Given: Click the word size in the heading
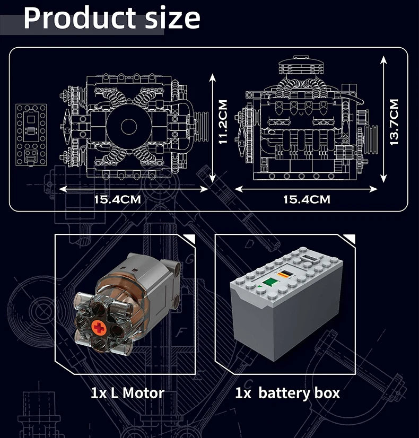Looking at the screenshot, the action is pyautogui.click(x=172, y=18).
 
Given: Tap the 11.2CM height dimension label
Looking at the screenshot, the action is pyautogui.click(x=223, y=122).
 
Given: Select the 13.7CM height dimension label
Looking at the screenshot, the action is pyautogui.click(x=394, y=122).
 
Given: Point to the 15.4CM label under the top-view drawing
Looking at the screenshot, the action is pyautogui.click(x=118, y=199).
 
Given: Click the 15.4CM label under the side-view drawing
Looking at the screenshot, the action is pyautogui.click(x=307, y=199).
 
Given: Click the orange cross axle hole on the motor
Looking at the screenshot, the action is pyautogui.click(x=99, y=328).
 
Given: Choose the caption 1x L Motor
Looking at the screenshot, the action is pyautogui.click(x=127, y=393).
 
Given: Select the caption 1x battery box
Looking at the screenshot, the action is pyautogui.click(x=287, y=393).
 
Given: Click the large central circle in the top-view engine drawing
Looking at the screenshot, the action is pyautogui.click(x=128, y=126).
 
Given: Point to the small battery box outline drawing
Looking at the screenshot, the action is pyautogui.click(x=31, y=135).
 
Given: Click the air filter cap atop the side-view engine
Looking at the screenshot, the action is pyautogui.click(x=301, y=65).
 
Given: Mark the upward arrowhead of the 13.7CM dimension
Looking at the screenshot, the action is pyautogui.click(x=383, y=59).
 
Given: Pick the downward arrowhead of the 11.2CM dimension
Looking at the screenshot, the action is pyautogui.click(x=213, y=179).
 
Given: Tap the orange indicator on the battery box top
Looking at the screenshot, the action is pyautogui.click(x=285, y=273).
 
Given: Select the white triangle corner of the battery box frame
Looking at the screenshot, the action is pyautogui.click(x=350, y=238).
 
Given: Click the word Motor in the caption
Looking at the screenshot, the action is pyautogui.click(x=143, y=393).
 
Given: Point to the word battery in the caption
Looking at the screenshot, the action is pyautogui.click(x=284, y=393).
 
